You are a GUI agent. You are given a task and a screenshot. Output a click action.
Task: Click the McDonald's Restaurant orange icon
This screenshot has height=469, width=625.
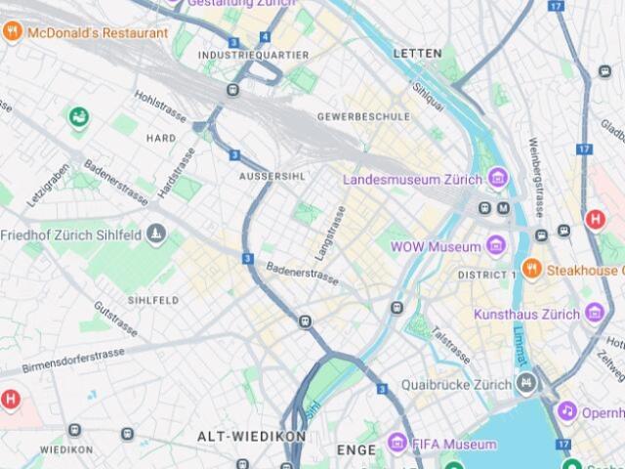click(x=13, y=32)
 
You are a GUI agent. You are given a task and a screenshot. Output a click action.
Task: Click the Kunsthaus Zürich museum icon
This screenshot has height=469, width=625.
click(x=596, y=314)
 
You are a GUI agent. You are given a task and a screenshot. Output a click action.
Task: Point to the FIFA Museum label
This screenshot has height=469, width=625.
click(x=453, y=445)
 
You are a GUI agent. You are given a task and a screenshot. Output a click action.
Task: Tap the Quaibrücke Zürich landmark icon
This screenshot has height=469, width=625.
click(x=527, y=383)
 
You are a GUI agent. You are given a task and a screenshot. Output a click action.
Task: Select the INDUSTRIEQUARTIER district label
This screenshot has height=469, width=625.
click(x=253, y=56)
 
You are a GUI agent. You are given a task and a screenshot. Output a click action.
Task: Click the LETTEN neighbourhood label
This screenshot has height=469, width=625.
click(x=417, y=53)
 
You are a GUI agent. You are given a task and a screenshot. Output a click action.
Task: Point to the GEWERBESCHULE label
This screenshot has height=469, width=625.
click(x=363, y=116)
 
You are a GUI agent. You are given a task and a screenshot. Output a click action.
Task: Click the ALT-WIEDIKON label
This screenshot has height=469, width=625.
click(x=252, y=436)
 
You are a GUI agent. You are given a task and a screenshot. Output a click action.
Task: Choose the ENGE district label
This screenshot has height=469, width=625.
click(x=355, y=450)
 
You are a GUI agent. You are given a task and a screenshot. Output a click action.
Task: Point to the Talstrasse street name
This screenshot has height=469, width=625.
click(x=451, y=346)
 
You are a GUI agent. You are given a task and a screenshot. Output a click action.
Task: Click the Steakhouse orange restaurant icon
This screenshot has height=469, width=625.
click(x=532, y=269)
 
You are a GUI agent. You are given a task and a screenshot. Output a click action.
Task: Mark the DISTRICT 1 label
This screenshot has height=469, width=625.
click(x=486, y=275)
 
